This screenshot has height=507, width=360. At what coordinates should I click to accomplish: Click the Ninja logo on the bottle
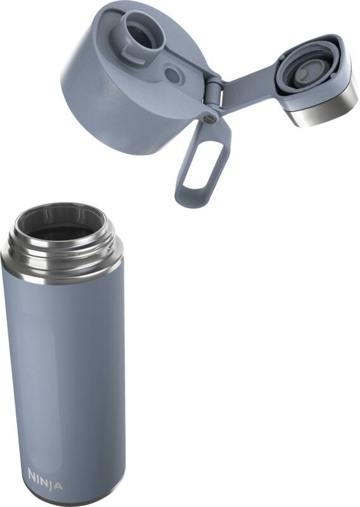pos(45,479)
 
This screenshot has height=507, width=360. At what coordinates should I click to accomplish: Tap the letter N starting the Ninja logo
pos(33,474)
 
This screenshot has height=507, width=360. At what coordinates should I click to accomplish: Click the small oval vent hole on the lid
pos(172,74)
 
